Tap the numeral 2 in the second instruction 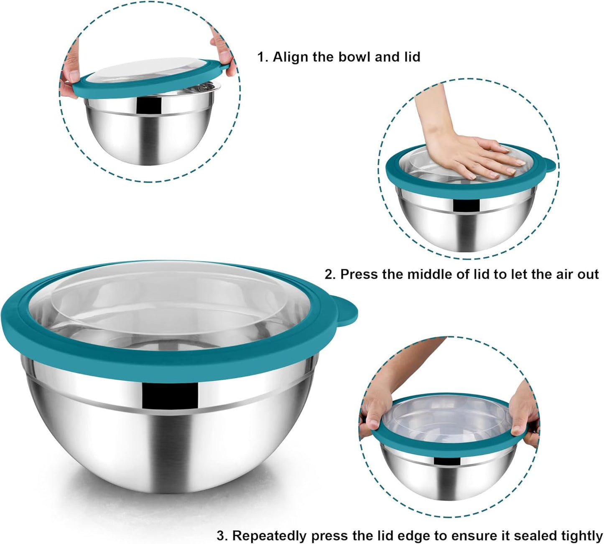[x=330, y=274]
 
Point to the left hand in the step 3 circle [x=374, y=412]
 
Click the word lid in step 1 [x=411, y=57]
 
